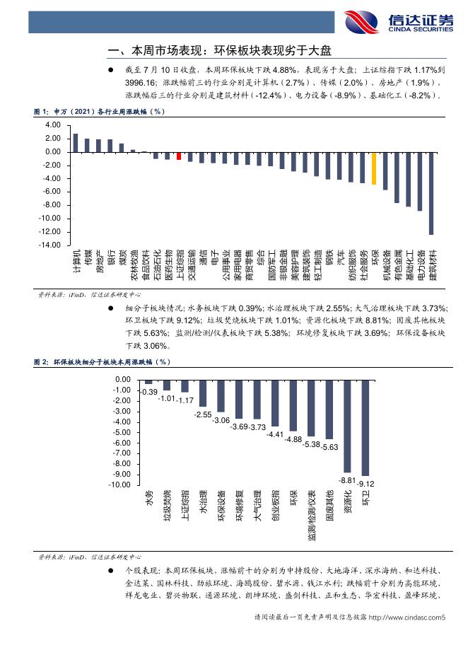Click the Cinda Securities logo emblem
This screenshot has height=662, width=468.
coord(361,22)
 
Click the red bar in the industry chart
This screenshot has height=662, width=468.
coord(179,156)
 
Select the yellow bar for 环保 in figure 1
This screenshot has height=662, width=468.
coord(374,168)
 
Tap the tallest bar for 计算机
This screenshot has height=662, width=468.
coord(76,143)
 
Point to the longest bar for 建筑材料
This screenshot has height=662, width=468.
coord(431,193)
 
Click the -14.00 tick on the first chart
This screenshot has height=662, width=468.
coord(49,245)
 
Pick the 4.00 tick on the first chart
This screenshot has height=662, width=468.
coord(53,125)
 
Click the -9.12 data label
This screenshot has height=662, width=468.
coord(366,484)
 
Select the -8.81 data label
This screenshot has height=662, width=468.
coord(348,480)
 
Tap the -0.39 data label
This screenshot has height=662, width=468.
coord(148,392)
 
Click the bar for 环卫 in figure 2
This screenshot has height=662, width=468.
coord(365,428)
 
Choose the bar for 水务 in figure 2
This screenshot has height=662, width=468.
coord(148,382)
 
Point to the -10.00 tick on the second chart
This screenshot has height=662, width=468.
coord(119,484)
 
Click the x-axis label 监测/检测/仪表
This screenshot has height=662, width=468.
coord(312,515)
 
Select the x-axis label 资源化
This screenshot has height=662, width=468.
coord(348,501)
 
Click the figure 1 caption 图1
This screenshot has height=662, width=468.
coord(41,112)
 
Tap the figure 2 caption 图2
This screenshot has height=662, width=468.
coord(41,362)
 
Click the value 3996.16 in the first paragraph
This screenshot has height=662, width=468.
coord(140,83)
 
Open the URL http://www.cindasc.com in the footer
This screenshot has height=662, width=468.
coord(404,617)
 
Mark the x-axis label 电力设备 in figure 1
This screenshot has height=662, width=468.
coord(421,265)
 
